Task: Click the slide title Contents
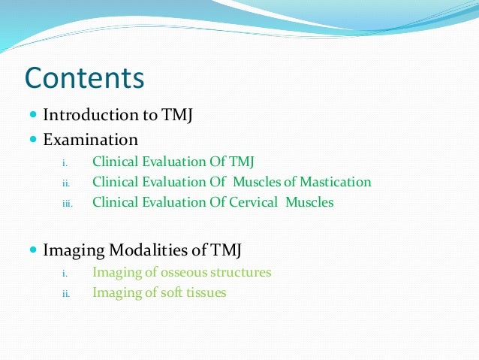click(x=84, y=77)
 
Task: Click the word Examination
click(x=90, y=139)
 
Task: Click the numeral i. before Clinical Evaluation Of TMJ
click(x=64, y=162)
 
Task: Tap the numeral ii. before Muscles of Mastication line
click(x=65, y=183)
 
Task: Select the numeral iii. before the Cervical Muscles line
click(x=67, y=203)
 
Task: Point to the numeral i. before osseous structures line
click(x=64, y=274)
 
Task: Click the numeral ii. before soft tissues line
click(x=65, y=294)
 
